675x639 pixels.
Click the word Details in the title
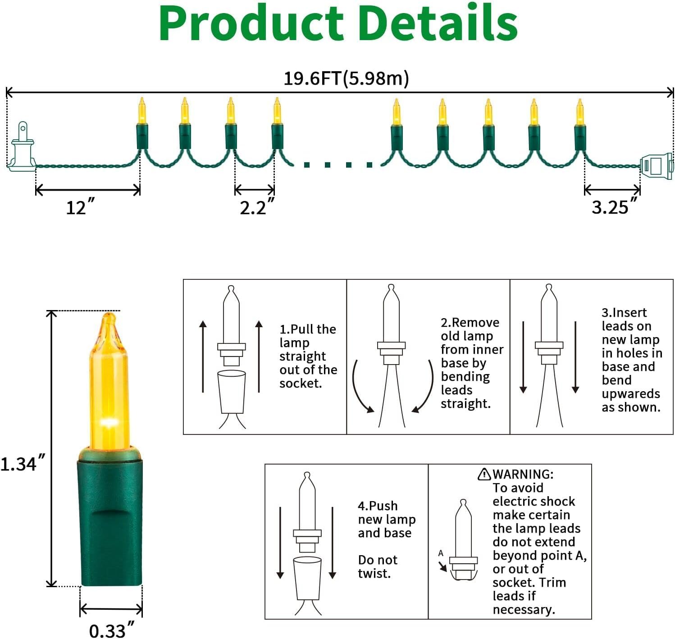point(439,23)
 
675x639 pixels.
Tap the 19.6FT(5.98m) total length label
point(346,78)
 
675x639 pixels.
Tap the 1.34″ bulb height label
point(23,463)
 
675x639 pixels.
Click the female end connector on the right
point(656,165)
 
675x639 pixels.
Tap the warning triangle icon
point(484,474)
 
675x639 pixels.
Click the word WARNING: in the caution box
point(523,474)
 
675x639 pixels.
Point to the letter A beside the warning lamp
point(441,553)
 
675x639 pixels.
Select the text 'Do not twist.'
point(378,566)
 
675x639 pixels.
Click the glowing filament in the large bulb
point(107,422)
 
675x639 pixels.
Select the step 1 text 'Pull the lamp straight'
point(308,342)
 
